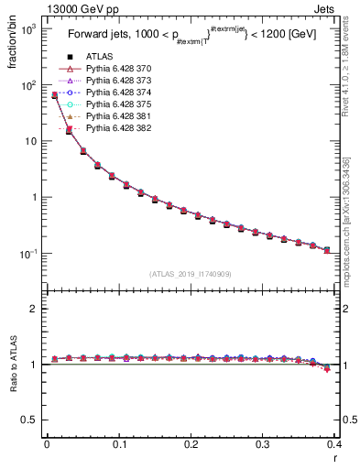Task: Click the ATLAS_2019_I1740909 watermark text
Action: pyautogui.click(x=191, y=274)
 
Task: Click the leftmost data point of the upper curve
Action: pyautogui.click(x=55, y=95)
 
